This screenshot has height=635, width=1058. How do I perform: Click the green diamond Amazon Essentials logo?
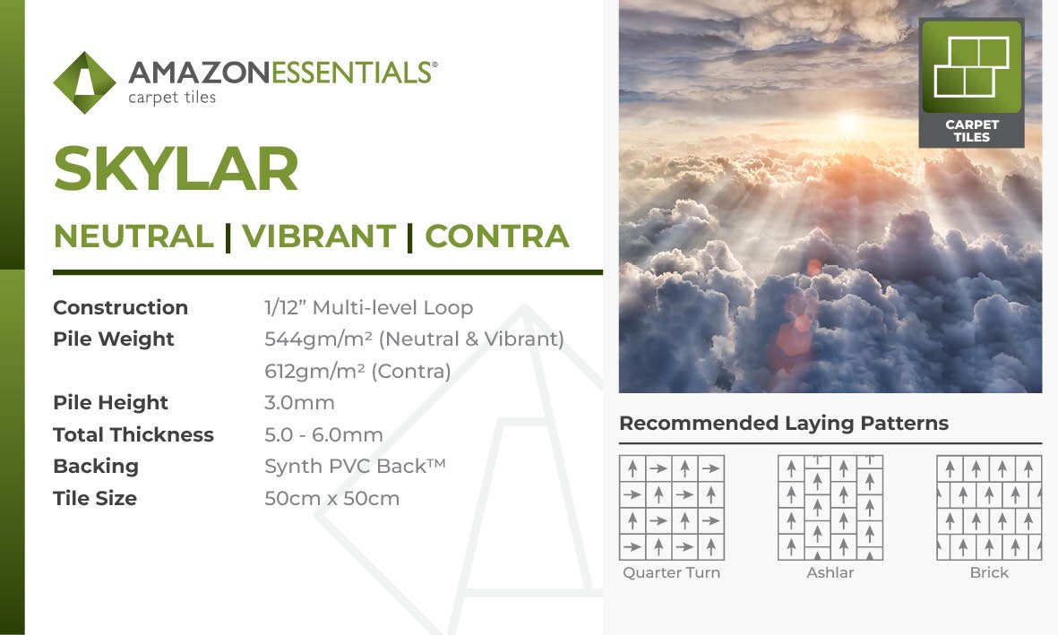click(x=84, y=83)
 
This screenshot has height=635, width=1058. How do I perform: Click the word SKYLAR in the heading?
click(x=176, y=168)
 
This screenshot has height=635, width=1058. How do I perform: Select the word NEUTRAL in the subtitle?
click(x=133, y=236)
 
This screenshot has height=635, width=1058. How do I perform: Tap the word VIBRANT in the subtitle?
click(x=319, y=236)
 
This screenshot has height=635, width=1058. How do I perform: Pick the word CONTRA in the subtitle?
click(x=496, y=236)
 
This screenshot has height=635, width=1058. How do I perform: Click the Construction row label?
click(x=121, y=308)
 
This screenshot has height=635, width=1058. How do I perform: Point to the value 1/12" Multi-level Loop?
click(x=368, y=308)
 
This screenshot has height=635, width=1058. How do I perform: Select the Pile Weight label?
click(x=114, y=339)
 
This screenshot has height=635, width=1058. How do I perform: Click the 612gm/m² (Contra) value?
click(x=357, y=371)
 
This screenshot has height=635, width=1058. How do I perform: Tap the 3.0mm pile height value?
click(x=299, y=403)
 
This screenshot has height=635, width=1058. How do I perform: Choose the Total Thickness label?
click(x=133, y=434)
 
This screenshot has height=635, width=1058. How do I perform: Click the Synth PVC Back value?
click(x=355, y=467)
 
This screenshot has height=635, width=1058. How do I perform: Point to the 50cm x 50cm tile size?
click(x=332, y=499)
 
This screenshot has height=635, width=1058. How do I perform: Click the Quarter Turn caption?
click(x=671, y=573)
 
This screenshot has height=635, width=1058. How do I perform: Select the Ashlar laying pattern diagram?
click(x=830, y=508)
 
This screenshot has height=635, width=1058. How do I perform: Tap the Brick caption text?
click(x=989, y=573)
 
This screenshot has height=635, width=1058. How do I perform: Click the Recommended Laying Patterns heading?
click(x=784, y=423)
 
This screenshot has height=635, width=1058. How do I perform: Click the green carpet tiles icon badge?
click(x=972, y=82)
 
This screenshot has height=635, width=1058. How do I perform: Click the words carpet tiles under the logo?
click(x=172, y=98)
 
